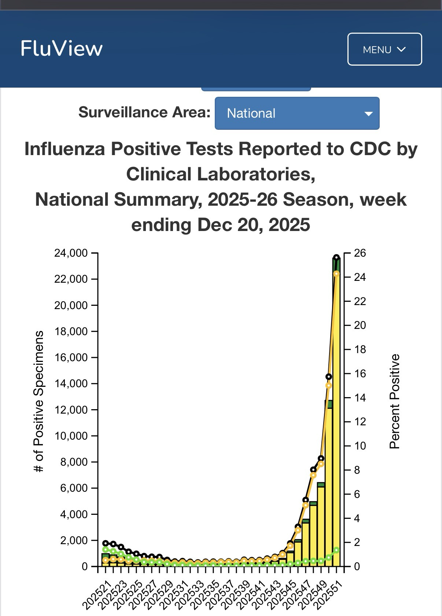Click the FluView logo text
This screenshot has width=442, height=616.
(x=62, y=49)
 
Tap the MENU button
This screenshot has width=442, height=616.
(x=384, y=49)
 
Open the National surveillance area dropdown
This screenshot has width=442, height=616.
(x=297, y=113)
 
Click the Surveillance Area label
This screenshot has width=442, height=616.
(x=144, y=113)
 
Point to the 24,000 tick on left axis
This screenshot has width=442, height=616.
(x=71, y=253)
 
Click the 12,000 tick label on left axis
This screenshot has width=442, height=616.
(x=71, y=410)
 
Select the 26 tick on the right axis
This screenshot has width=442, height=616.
(x=360, y=253)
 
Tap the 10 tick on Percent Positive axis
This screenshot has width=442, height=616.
(x=360, y=446)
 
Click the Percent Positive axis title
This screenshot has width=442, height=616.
(x=394, y=401)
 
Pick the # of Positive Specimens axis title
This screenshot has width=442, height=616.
(x=39, y=401)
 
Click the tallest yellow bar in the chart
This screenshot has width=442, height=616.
(x=336, y=422)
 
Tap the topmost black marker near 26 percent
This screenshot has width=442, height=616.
(x=336, y=257)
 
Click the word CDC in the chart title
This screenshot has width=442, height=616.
(x=370, y=149)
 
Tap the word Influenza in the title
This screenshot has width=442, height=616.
(x=65, y=149)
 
